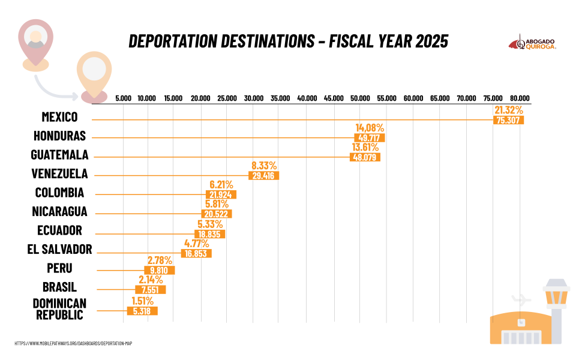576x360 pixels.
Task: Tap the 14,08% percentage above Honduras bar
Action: [370, 128]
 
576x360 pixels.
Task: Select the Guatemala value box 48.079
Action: [365, 157]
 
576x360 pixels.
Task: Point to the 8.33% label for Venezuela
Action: [263, 166]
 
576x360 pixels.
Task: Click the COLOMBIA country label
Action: [59, 193]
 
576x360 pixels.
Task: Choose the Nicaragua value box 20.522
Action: [217, 214]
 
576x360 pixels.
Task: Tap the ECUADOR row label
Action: [59, 230]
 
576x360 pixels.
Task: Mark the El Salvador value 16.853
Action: [196, 253]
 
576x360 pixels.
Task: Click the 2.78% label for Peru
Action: [160, 260]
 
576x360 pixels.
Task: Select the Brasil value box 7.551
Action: [150, 290]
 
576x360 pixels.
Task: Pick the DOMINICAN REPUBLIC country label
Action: [59, 308]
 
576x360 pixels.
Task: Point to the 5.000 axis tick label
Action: [124, 98]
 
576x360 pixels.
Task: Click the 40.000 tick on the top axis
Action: [307, 98]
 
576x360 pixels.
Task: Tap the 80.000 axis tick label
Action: [520, 98]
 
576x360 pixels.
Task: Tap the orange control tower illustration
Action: [556, 306]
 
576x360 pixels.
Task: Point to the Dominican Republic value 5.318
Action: [142, 311]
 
